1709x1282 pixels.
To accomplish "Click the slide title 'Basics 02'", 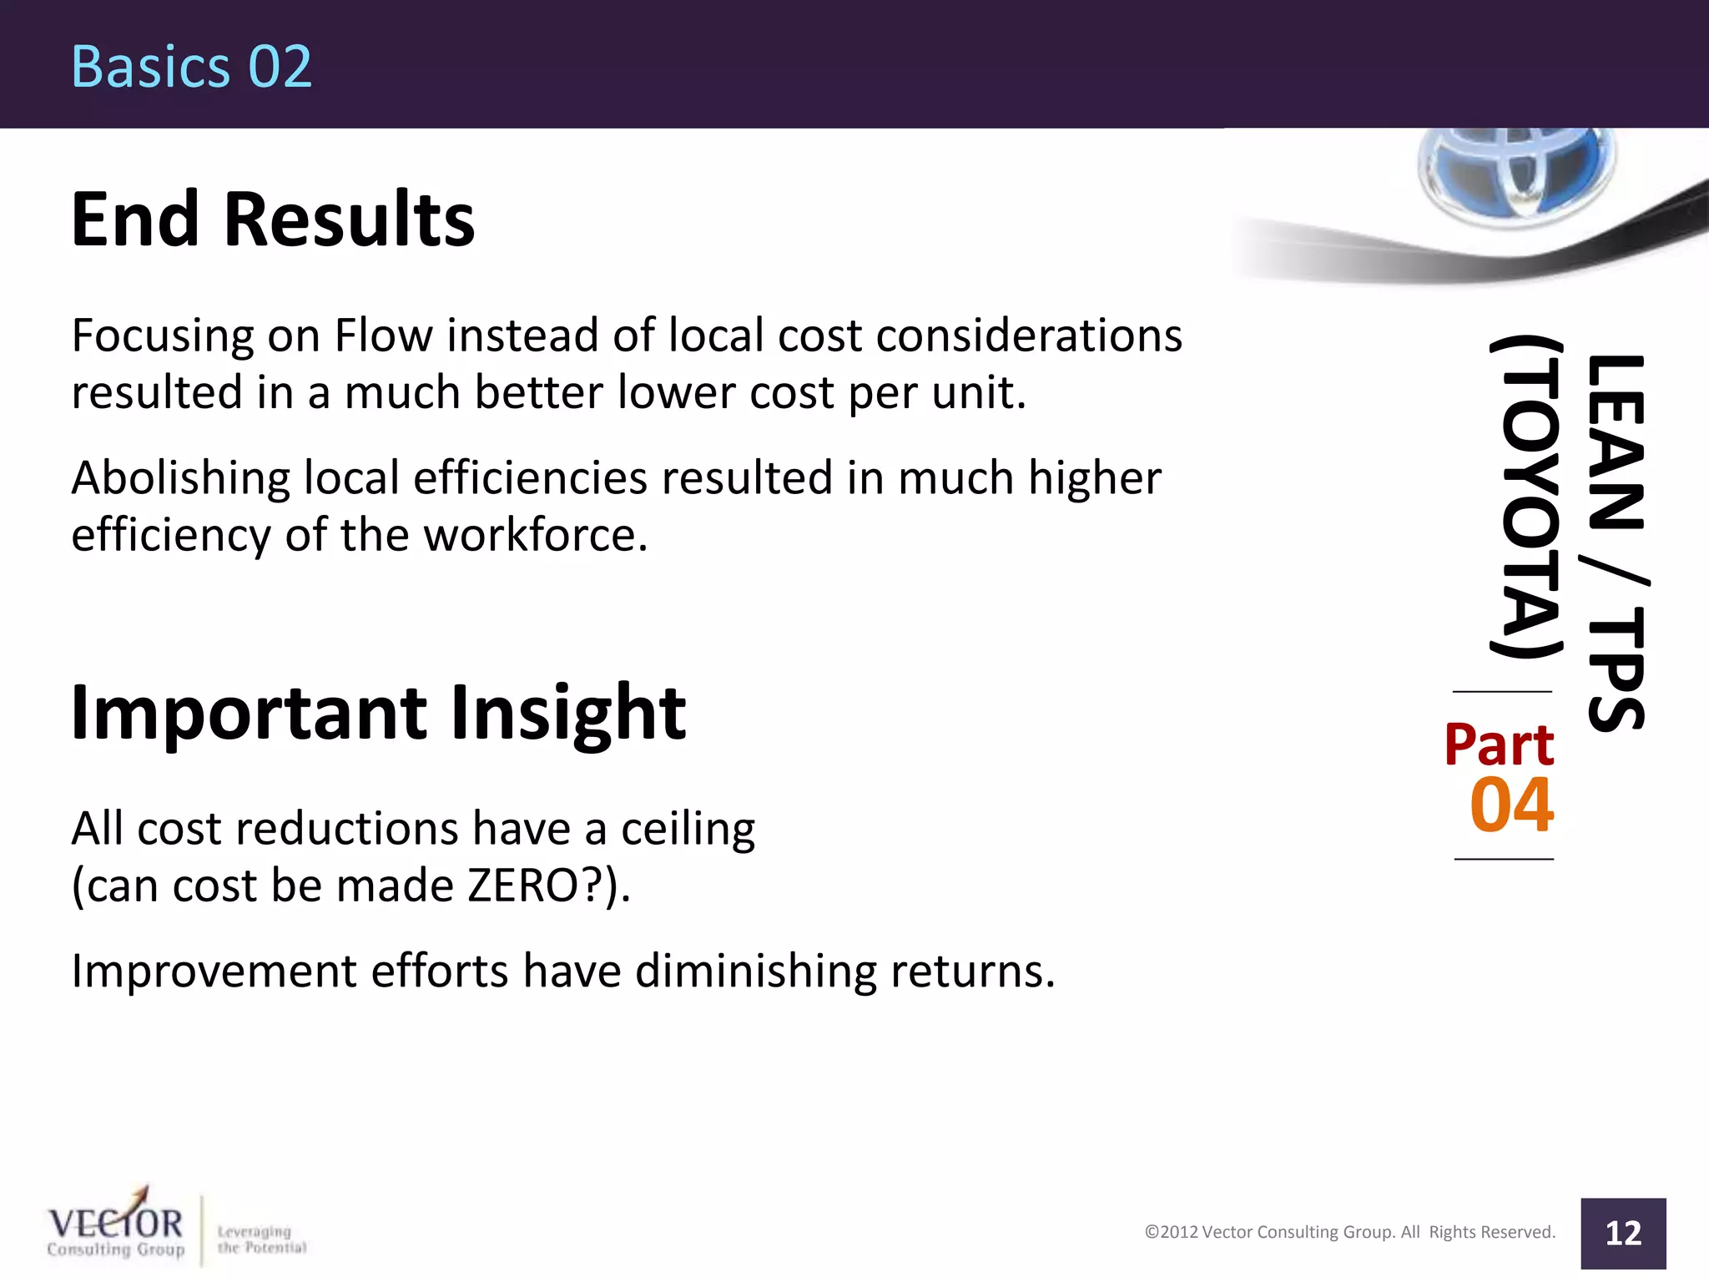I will [191, 67].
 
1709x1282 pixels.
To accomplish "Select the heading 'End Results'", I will [273, 220].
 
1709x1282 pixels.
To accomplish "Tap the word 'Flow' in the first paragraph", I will [383, 336].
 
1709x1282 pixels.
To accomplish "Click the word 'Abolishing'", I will [180, 478].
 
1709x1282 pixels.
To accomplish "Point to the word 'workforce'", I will [535, 535].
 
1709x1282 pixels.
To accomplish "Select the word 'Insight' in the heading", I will [567, 713].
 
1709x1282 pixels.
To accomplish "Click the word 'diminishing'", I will [755, 972].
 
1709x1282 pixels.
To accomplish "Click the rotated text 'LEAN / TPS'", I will [1616, 543].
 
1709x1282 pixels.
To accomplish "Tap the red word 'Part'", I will [1499, 744].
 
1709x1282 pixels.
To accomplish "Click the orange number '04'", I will [1511, 805].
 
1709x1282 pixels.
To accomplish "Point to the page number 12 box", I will [1622, 1233].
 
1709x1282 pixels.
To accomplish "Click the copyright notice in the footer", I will [1349, 1232].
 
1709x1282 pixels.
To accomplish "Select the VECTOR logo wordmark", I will [115, 1224].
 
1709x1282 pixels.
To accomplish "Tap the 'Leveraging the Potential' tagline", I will [261, 1239].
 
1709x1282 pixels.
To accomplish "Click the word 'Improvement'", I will [214, 972].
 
